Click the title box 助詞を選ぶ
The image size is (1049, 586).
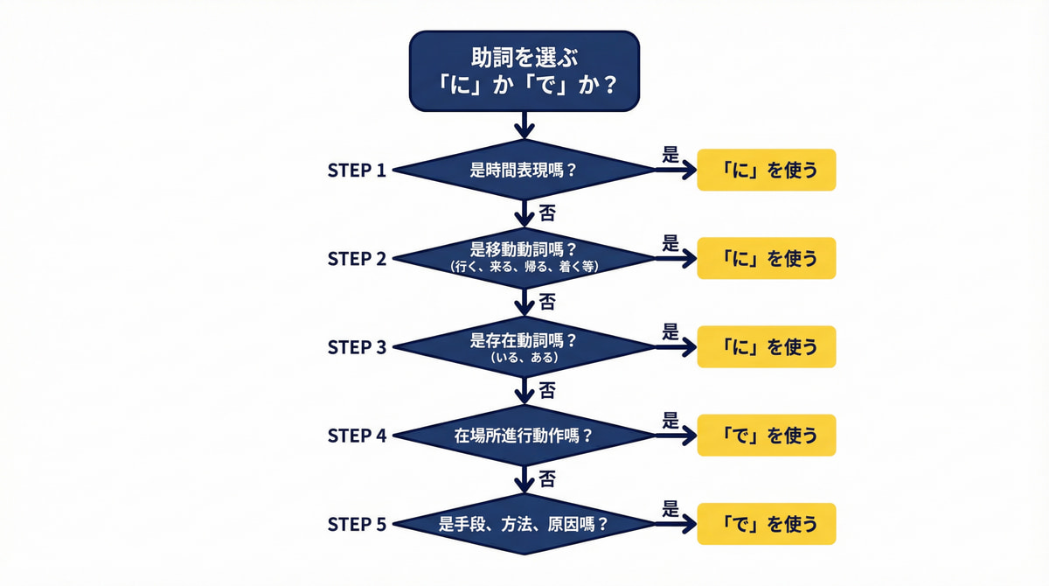click(x=524, y=71)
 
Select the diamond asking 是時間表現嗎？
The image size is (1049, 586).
click(x=524, y=170)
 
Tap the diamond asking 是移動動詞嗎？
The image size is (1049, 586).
click(x=524, y=257)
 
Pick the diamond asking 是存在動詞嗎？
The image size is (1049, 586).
click(x=524, y=346)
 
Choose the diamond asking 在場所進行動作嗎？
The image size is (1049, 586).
click(x=524, y=435)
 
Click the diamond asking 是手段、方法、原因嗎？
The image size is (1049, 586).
click(x=524, y=524)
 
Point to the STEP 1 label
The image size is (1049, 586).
click(x=357, y=170)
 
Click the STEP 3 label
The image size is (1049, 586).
click(x=357, y=347)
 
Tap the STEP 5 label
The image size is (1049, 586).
click(x=357, y=524)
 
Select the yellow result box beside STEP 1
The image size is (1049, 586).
click(x=766, y=170)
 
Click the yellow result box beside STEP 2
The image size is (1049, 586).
click(x=766, y=258)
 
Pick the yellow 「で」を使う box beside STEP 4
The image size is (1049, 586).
click(x=766, y=435)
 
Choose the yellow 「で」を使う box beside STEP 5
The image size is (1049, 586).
click(x=766, y=524)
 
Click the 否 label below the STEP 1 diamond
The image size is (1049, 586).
click(x=547, y=213)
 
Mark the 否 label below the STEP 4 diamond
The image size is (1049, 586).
click(x=547, y=479)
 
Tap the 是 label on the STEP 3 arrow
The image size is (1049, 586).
click(x=670, y=331)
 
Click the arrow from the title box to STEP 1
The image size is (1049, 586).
click(x=524, y=124)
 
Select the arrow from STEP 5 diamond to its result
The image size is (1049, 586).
click(x=676, y=524)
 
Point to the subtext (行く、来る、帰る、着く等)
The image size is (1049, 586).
click(x=524, y=267)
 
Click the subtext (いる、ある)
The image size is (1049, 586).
click(x=524, y=357)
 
